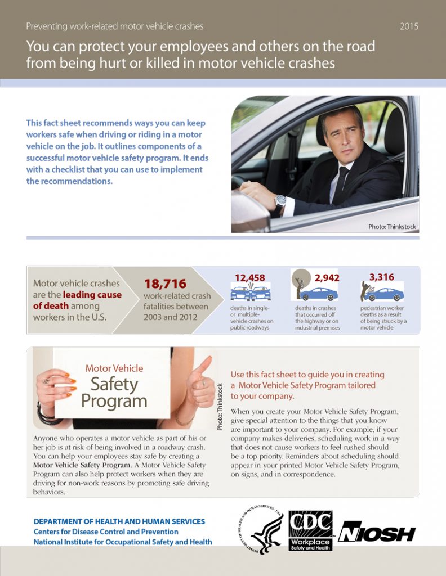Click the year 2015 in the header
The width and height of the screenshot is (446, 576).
point(409,26)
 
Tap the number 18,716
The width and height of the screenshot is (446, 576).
point(165,284)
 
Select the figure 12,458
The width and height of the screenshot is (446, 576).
point(249,277)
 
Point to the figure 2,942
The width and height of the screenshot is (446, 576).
point(327,277)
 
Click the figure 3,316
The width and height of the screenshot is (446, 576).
point(381,277)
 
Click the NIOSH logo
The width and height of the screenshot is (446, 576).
point(377,533)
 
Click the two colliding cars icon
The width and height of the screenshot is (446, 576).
point(250,292)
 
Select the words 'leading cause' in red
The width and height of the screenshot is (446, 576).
point(92,295)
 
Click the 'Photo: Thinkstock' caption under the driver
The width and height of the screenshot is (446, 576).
point(392,227)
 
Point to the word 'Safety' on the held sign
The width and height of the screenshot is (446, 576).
point(114,384)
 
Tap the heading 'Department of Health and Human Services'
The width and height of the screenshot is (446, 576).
point(119,521)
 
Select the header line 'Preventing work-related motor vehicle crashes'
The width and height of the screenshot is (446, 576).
point(114,26)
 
